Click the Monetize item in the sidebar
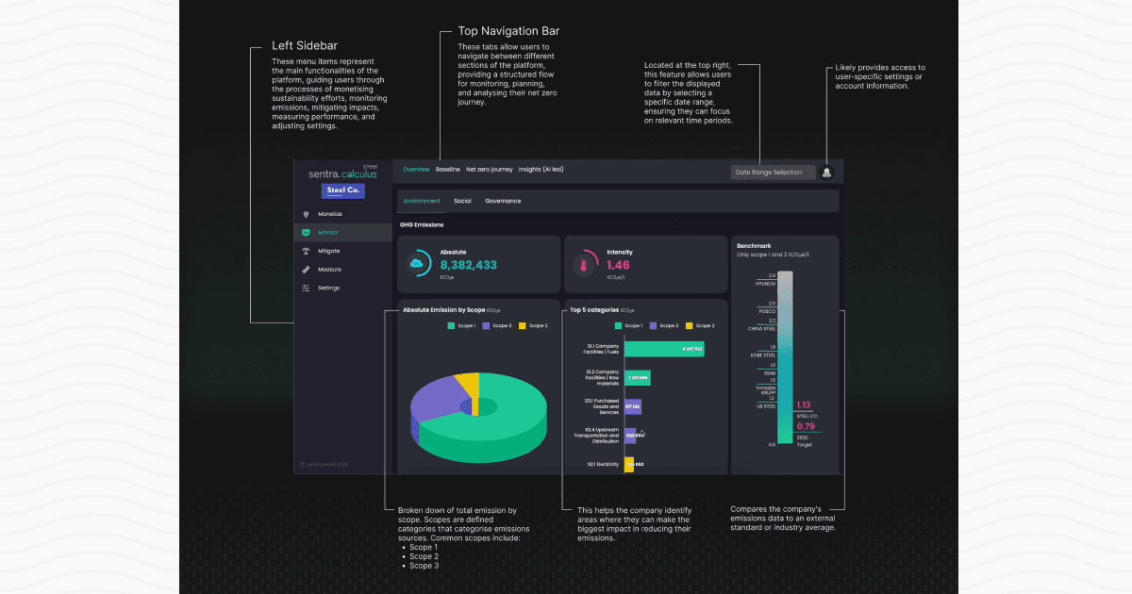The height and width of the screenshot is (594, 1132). pyautogui.click(x=329, y=214)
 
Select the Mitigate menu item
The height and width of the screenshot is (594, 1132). pyautogui.click(x=328, y=251)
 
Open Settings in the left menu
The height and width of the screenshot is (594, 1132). pyautogui.click(x=328, y=288)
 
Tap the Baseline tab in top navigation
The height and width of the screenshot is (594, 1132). pyautogui.click(x=448, y=170)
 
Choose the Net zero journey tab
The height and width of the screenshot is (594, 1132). pyautogui.click(x=489, y=170)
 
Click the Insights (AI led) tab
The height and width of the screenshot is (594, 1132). pyautogui.click(x=541, y=170)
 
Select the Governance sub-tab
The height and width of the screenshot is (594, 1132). pyautogui.click(x=503, y=201)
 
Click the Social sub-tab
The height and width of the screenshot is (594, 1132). pyautogui.click(x=462, y=201)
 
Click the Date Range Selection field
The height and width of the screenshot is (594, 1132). pyautogui.click(x=773, y=172)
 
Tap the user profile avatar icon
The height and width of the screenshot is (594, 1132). pyautogui.click(x=827, y=172)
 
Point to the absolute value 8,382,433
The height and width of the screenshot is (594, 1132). pyautogui.click(x=468, y=266)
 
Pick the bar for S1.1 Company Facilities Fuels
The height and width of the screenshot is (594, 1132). pyautogui.click(x=663, y=349)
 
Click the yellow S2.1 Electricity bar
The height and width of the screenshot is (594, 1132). pyautogui.click(x=629, y=464)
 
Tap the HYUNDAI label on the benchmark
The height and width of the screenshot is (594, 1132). pyautogui.click(x=765, y=283)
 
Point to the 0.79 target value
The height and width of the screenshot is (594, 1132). pyautogui.click(x=805, y=426)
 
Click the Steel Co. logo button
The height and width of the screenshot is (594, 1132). pyautogui.click(x=342, y=190)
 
